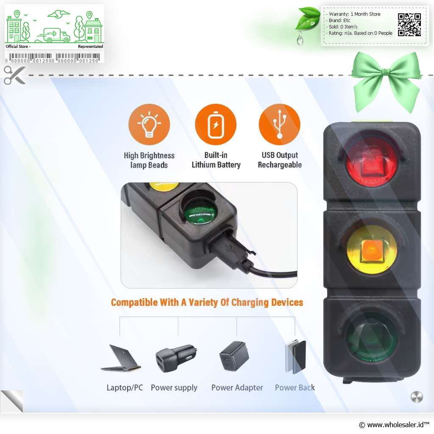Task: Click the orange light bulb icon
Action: [x=149, y=125]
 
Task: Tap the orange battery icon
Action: [x=216, y=125]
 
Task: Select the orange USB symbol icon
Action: [x=280, y=125]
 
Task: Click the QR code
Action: [x=409, y=25]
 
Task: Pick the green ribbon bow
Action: [x=386, y=82]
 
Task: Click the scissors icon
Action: [x=14, y=75]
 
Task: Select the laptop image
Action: [x=121, y=358]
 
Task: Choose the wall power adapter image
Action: [x=234, y=356]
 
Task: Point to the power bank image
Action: [x=295, y=356]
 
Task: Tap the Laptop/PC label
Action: [x=125, y=387]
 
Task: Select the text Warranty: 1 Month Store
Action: [x=355, y=14]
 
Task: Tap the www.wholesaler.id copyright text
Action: [x=394, y=425]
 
